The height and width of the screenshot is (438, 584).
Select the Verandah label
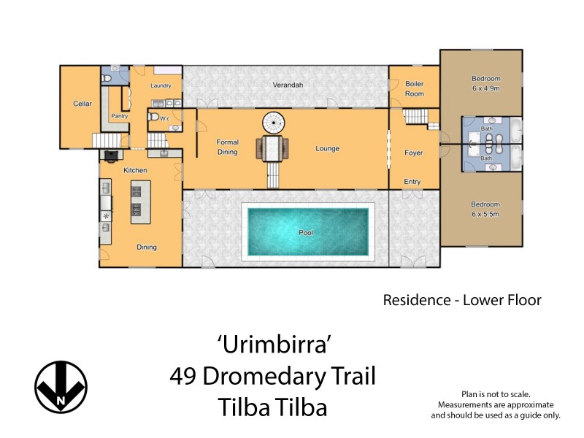pos(288,85)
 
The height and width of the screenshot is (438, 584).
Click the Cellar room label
pos(82,104)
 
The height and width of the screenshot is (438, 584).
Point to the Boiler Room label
pos(414,88)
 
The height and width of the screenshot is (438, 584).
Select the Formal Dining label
pos(228,147)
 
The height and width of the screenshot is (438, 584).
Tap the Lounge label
pos(327,149)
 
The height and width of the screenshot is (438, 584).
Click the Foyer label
pos(414,153)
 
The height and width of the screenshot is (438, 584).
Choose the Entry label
pos(413,181)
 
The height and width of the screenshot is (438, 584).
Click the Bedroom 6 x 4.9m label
pos(485,82)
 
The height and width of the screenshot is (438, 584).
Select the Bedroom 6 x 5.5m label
pos(485,208)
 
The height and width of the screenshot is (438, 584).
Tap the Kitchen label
pos(136,170)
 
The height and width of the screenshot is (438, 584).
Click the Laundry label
pos(161,86)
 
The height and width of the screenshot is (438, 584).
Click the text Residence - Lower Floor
pos(462,300)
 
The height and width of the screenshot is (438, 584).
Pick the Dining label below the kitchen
pos(147,247)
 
